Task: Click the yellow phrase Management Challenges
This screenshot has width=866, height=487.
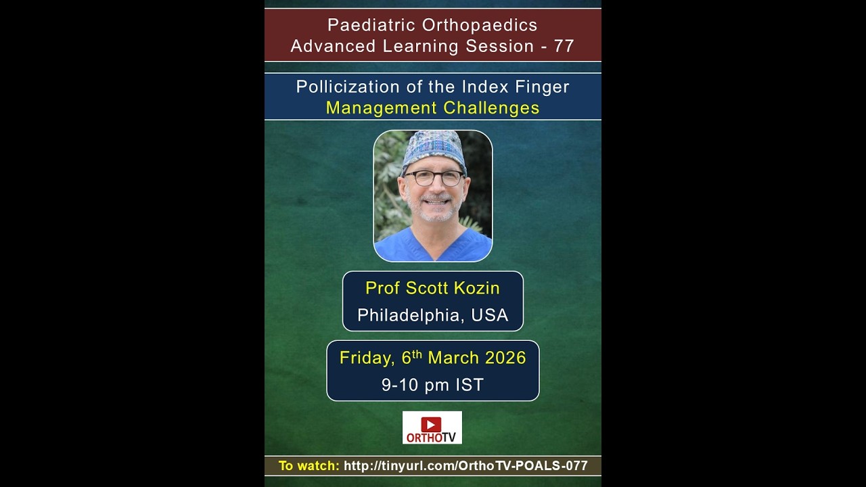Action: tap(432, 108)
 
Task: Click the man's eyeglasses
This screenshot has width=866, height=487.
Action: tap(434, 178)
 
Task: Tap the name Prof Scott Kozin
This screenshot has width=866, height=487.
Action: tap(432, 288)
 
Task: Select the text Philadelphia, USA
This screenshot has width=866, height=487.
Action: tap(432, 315)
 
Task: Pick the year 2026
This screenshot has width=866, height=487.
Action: tap(503, 358)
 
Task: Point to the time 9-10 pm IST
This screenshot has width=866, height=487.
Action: tap(432, 385)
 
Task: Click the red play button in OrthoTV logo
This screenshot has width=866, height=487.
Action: tap(431, 424)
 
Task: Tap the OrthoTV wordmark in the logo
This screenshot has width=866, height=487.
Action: tap(432, 437)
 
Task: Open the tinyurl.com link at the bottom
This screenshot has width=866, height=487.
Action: tap(465, 465)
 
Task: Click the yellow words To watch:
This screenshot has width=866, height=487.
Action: tap(309, 465)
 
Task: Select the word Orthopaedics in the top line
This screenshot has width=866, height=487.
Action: tap(480, 25)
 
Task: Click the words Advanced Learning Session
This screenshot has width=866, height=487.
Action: tap(412, 46)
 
